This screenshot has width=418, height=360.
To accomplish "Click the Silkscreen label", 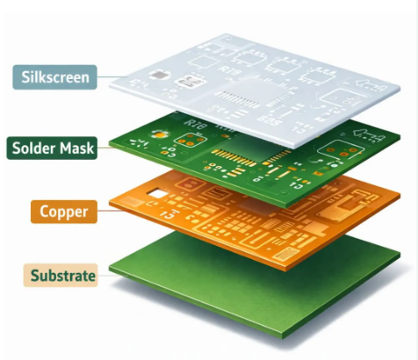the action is coord(54,77).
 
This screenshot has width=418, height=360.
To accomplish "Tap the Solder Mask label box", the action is coord(52,148).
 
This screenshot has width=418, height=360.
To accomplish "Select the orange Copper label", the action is coord(64,212).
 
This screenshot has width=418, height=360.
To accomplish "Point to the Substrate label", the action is coord(61,276).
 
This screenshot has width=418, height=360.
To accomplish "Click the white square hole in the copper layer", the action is coord(157,194).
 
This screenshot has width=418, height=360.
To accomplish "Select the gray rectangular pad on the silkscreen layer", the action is coord(160,76).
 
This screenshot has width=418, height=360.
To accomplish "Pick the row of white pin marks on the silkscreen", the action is coord(238,99).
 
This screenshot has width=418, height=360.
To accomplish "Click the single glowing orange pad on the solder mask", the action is coord(160,135).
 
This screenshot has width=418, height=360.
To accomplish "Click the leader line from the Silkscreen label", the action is coord(112,77).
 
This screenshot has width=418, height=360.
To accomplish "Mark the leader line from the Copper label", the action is coord(110,210).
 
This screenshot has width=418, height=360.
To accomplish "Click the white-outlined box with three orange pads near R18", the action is coord(191,140).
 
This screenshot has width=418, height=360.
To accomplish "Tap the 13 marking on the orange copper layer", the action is coord(169,215).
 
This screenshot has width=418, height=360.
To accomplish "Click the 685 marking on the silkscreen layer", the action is coord(270,120).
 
